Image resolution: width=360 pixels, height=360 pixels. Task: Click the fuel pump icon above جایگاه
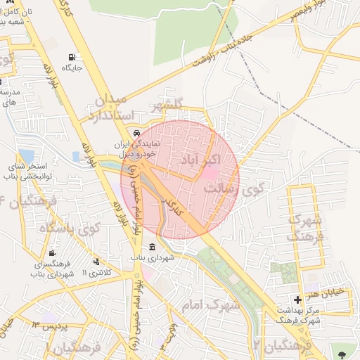click(72, 57)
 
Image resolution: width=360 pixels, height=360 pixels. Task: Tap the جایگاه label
click(72, 68)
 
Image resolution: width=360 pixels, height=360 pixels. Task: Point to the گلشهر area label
click(167, 105)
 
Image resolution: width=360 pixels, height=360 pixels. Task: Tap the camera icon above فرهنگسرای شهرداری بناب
click(52, 253)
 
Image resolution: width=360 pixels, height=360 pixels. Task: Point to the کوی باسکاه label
click(70, 229)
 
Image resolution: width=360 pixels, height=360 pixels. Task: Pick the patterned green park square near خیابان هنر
click(284, 272)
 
